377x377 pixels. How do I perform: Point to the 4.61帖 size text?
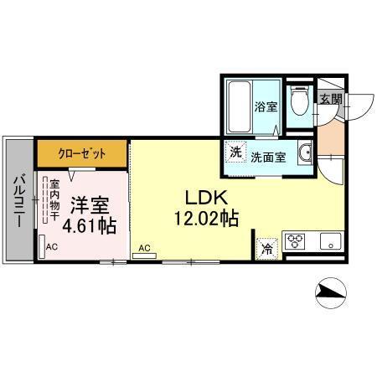(x=88, y=226)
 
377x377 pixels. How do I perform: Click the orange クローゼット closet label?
(x=81, y=153)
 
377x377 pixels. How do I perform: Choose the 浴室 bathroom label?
(x=264, y=106)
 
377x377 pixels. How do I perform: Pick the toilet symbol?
(x=297, y=103)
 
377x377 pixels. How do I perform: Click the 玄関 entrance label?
(x=330, y=100)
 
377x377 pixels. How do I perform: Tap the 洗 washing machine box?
(x=236, y=153)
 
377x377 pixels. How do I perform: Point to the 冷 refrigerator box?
(x=267, y=248)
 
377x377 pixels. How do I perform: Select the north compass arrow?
(x=333, y=293)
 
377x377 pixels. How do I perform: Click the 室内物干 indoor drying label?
(x=54, y=200)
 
